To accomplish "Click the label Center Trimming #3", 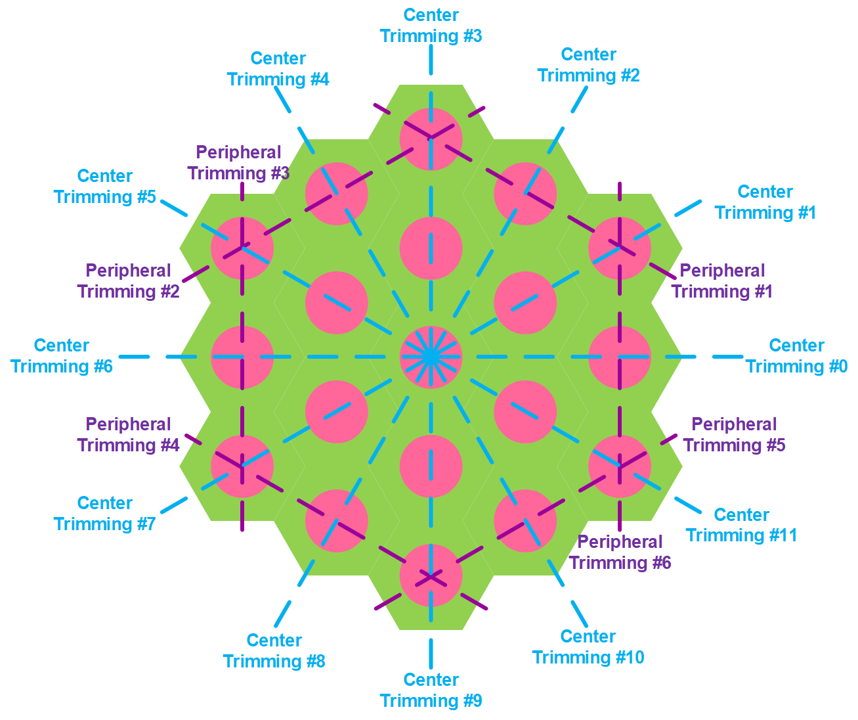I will point(431,26).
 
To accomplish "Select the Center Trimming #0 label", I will point(796,356).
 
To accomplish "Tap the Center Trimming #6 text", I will point(62,356).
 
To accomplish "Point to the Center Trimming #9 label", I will point(431,690).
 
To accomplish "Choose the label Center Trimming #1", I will point(765,202).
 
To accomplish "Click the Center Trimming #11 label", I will point(741,525).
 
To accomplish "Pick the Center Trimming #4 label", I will point(278,69).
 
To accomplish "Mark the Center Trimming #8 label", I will point(274,651).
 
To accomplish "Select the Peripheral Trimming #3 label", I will point(238,163).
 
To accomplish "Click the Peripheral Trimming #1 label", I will point(721,281).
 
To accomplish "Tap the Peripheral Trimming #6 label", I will point(620,552).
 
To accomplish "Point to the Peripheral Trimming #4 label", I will point(128,435).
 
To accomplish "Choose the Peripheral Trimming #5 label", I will point(734,435).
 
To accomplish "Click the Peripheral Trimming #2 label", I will point(128,281).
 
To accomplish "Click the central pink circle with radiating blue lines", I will point(431,357).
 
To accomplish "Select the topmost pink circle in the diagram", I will point(431,139).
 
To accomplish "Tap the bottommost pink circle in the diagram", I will point(431,575).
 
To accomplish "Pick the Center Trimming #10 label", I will point(588,647).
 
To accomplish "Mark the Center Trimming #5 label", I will point(105,187).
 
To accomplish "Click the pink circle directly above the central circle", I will point(431,248).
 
